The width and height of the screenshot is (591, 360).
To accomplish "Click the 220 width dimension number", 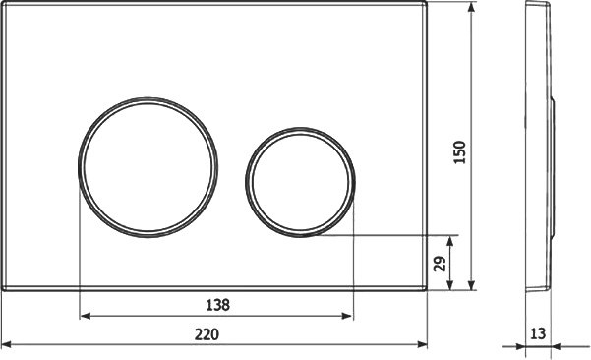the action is (207, 334).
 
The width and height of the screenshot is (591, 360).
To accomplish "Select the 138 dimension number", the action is (218, 305).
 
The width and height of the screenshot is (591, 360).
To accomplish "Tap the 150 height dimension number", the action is (460, 151).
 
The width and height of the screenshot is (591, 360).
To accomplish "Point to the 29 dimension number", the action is (440, 264).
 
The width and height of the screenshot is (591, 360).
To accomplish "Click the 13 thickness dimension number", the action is (538, 333).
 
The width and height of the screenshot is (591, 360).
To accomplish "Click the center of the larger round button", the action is (148, 167).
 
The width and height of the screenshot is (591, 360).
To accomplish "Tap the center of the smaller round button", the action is (300, 182).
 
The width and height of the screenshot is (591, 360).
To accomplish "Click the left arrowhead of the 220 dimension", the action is (7, 344).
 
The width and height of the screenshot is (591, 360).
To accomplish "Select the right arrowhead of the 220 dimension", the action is (422, 344).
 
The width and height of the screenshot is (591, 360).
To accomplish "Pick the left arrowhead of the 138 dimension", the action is (86, 316).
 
